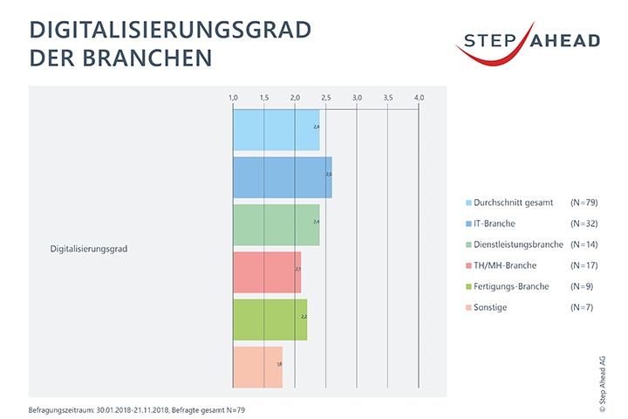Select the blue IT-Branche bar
click(x=282, y=178)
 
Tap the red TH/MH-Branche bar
click(x=267, y=272)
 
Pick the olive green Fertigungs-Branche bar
click(x=270, y=319)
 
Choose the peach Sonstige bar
click(x=257, y=367)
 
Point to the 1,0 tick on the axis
click(x=233, y=96)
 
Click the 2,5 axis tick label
click(x=326, y=96)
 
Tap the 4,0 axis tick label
click(x=419, y=96)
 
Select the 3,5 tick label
click(x=388, y=96)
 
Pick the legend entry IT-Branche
click(x=495, y=223)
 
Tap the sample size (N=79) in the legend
click(x=583, y=203)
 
